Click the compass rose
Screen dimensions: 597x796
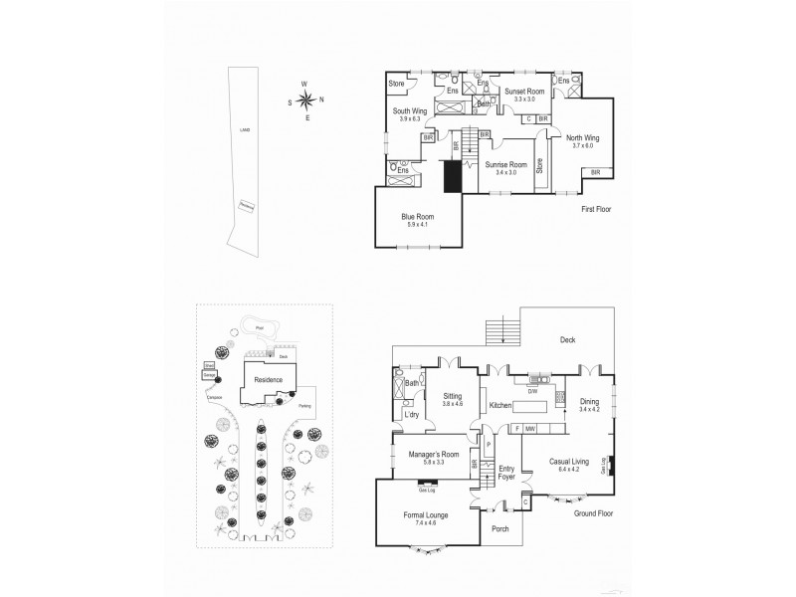[x=307, y=99]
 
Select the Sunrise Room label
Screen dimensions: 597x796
[x=505, y=166]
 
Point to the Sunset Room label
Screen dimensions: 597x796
[x=518, y=95]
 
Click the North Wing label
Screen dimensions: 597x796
[x=582, y=141]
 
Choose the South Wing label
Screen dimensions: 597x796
[x=409, y=114]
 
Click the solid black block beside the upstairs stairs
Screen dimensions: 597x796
[x=454, y=178]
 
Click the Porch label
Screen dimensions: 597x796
[x=500, y=528]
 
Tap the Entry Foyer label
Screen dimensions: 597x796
[x=506, y=473]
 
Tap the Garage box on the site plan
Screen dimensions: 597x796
[x=210, y=375]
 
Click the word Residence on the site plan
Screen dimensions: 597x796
[x=268, y=379]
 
